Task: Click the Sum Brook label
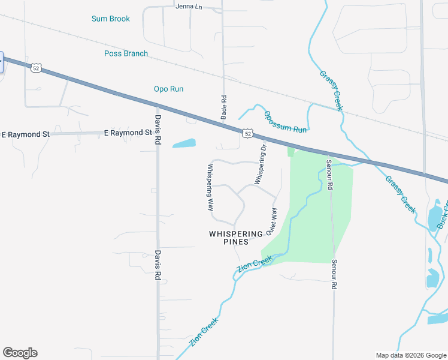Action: click(111, 19)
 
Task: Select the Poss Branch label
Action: click(126, 53)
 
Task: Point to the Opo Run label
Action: click(168, 89)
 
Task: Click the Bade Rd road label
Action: click(223, 107)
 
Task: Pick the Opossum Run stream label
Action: click(285, 122)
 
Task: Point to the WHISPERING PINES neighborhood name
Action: click(235, 238)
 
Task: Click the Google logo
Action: click(20, 353)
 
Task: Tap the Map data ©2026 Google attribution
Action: click(411, 355)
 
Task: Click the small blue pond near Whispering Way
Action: click(184, 144)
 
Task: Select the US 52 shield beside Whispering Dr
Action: click(247, 133)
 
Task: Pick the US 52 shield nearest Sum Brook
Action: click(37, 68)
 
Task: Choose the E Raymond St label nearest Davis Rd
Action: click(128, 133)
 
